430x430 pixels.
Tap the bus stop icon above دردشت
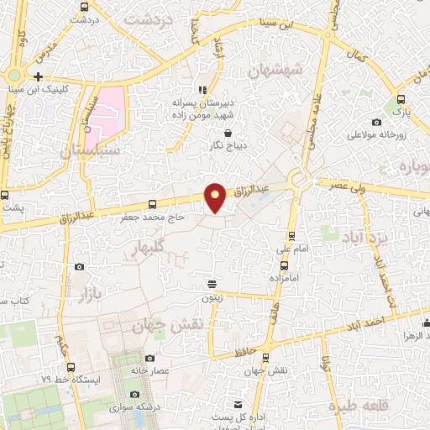click(x=82, y=6)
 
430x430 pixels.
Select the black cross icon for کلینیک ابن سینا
click(x=39, y=76)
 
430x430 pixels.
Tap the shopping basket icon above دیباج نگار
click(x=228, y=132)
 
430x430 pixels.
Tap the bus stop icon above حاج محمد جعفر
click(x=152, y=204)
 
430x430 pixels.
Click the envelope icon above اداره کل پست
click(x=238, y=405)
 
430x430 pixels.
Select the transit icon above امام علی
click(x=291, y=236)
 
